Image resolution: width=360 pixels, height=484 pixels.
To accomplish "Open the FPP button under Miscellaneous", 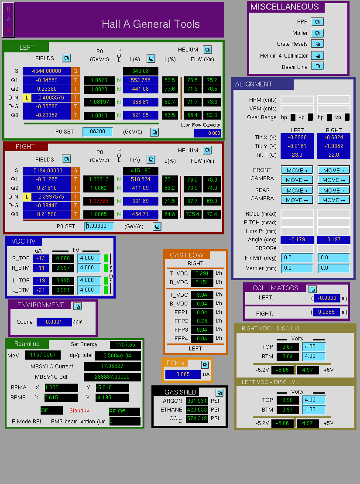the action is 317,22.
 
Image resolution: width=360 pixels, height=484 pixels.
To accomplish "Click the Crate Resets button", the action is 317,44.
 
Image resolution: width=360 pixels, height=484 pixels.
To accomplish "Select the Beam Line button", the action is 317,66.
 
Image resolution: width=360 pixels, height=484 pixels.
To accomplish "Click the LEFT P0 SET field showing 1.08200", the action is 98,131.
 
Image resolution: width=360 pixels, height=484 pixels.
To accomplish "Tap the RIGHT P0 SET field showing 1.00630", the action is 99,226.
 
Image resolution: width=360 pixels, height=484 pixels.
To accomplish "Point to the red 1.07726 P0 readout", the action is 99,201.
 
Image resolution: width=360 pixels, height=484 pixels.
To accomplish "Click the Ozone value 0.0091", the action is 54,322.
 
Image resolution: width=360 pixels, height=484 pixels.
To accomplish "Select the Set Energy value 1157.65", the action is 125,345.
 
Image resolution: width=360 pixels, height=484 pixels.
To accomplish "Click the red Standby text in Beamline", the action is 79,411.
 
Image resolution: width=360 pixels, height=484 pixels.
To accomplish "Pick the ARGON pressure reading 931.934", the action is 197,401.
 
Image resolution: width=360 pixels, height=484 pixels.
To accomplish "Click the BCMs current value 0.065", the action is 183,374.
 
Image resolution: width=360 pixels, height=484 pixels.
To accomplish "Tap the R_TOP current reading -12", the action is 41,258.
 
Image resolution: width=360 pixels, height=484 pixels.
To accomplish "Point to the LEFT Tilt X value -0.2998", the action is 297,137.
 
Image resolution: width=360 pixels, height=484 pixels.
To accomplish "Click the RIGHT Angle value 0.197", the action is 334,240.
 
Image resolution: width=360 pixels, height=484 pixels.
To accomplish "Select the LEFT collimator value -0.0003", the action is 327,298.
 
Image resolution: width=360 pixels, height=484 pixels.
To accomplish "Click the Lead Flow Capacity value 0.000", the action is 207,134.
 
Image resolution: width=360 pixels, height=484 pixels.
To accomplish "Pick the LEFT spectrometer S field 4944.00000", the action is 47,71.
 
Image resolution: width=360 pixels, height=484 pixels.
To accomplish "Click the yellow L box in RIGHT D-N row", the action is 27,197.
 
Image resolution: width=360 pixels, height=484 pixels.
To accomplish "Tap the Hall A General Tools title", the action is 151,24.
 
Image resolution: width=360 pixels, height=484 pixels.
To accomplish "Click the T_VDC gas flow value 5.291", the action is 202,274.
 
